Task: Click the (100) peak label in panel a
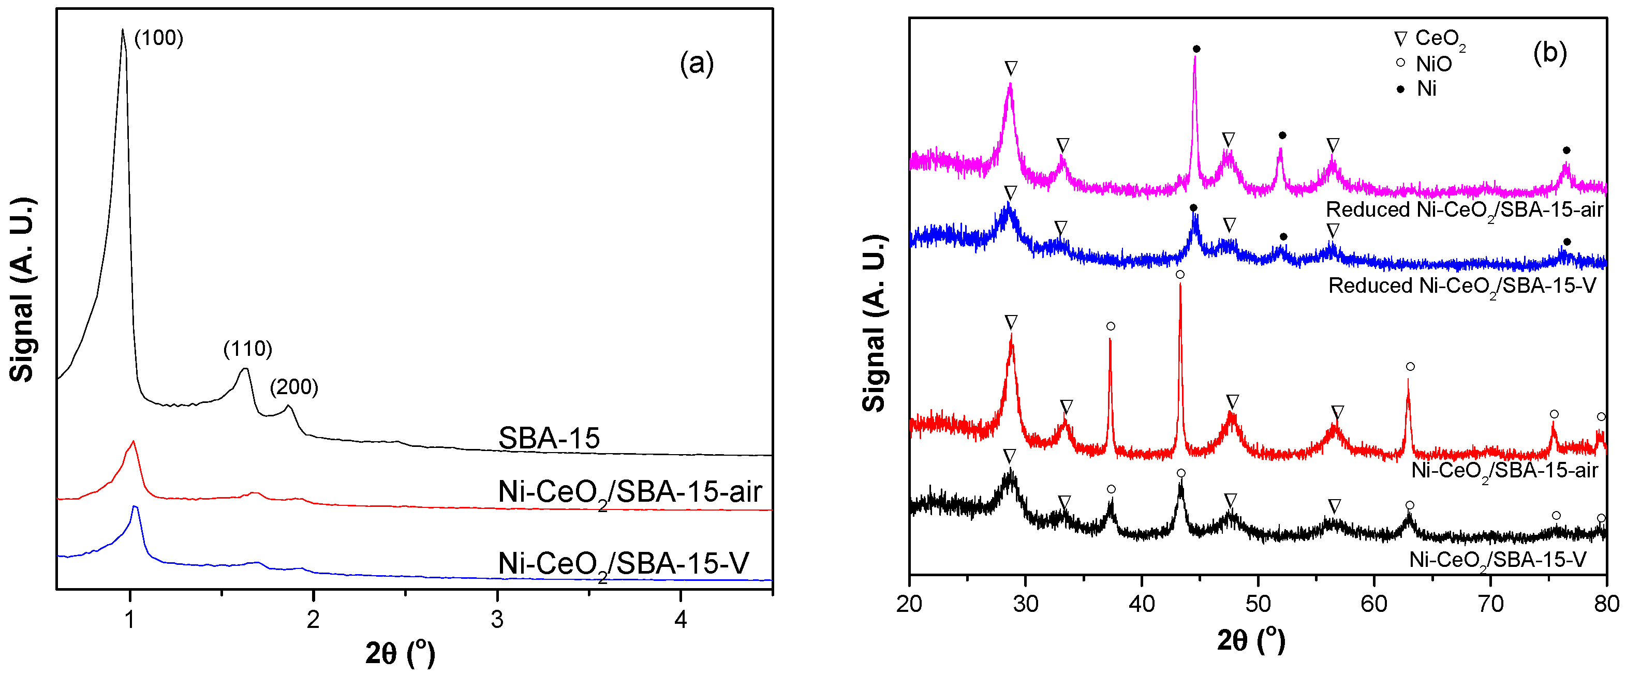(158, 38)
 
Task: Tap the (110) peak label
(247, 348)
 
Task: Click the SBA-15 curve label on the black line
(549, 438)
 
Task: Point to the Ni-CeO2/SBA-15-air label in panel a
(629, 492)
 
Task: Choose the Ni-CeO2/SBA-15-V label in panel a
(623, 563)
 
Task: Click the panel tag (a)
(696, 63)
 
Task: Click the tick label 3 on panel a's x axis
(497, 620)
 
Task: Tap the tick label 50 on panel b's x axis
(1258, 604)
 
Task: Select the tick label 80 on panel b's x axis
(1606, 604)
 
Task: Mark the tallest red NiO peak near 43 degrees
(1180, 285)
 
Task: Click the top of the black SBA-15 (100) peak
(123, 29)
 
